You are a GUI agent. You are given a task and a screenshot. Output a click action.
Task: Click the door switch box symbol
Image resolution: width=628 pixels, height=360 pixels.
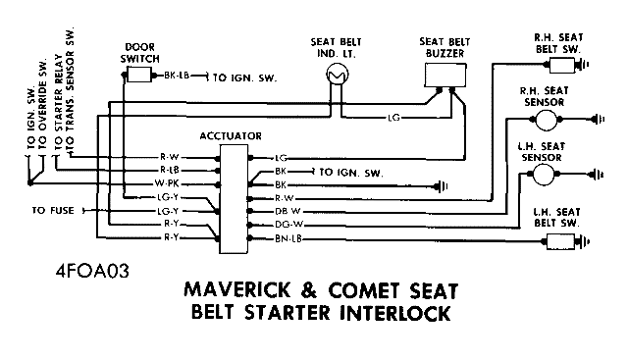139,75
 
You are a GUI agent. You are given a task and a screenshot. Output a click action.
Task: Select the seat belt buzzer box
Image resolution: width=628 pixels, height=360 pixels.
445,75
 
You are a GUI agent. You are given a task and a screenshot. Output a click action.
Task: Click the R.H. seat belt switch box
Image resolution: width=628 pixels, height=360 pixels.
562,65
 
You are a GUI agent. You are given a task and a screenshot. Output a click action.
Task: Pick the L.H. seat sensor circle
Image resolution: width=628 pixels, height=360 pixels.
544,175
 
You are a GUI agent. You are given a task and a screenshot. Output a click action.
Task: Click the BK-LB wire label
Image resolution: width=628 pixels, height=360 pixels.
177,76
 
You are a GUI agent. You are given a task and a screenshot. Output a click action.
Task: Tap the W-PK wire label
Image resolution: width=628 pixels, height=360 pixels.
167,183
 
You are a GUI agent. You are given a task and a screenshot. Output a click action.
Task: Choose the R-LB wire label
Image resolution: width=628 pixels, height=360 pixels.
170,170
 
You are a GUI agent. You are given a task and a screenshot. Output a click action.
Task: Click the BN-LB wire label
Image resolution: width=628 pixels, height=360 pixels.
288,239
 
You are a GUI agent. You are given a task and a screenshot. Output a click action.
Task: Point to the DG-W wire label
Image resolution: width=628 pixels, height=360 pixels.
289,225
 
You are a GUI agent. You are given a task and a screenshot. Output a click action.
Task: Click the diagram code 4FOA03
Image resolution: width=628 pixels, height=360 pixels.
92,272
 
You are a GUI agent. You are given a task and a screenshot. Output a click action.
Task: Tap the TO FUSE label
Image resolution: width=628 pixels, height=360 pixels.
53,211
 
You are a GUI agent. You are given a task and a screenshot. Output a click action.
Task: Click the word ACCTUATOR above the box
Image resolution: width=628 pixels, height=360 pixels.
231,136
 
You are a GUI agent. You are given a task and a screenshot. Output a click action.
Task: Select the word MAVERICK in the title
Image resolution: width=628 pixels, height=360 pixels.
237,289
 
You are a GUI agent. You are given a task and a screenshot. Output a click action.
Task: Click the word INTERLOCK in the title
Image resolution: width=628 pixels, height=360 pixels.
394,313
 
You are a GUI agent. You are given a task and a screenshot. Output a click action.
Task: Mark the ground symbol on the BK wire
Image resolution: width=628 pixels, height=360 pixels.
441,186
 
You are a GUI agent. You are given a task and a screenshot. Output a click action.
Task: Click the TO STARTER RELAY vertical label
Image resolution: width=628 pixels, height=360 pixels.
59,103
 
